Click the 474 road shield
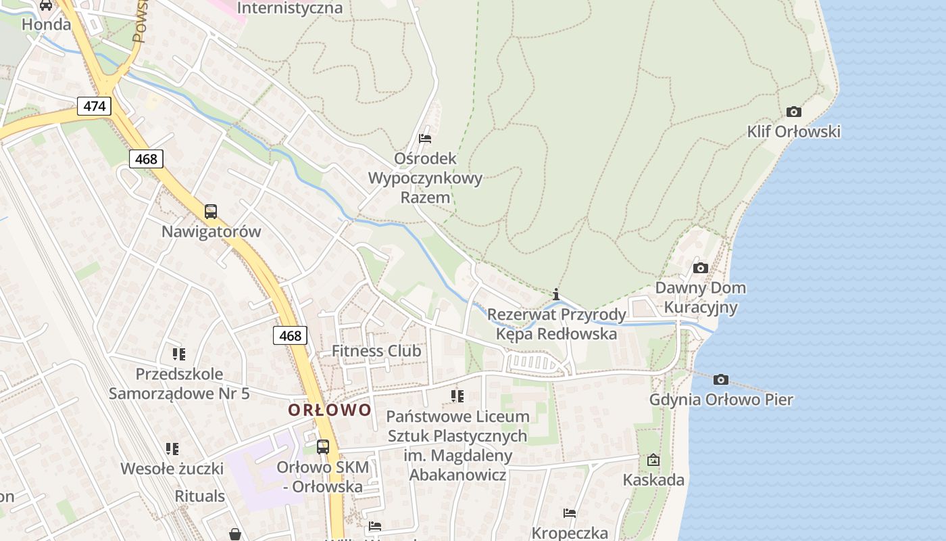tap(95, 106)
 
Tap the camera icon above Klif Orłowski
tap(794, 112)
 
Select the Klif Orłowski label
tap(794, 131)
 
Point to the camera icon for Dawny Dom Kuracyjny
tap(701, 268)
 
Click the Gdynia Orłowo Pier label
tap(721, 400)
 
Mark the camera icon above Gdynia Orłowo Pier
tap(721, 379)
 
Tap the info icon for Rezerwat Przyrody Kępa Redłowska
tap(556, 294)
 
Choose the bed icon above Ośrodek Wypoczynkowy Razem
tap(425, 139)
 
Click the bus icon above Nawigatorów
tap(211, 212)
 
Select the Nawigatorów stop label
tap(211, 231)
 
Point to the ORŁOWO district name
tap(330, 410)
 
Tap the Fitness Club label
tap(376, 351)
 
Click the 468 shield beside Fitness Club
tap(291, 335)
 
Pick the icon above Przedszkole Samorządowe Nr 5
tap(179, 354)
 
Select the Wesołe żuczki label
tap(172, 469)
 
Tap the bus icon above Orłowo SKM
tap(323, 447)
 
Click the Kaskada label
tap(653, 480)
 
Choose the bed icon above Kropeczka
tap(570, 513)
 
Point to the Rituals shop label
tap(200, 496)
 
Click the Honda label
tap(46, 24)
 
